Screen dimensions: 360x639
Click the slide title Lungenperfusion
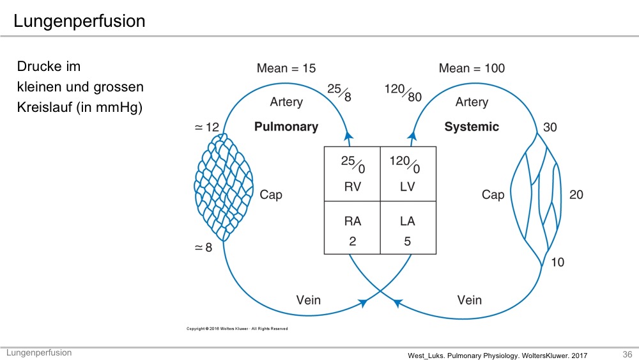pyautogui.click(x=79, y=22)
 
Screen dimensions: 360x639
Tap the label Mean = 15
pyautogui.click(x=286, y=68)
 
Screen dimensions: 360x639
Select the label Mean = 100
pyautogui.click(x=472, y=68)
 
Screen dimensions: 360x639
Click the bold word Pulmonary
pyautogui.click(x=286, y=127)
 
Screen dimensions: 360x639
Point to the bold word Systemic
pyautogui.click(x=472, y=127)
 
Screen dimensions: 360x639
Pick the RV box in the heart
pyautogui.click(x=352, y=174)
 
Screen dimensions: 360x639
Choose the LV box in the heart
pyautogui.click(x=408, y=174)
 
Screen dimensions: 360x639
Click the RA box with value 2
pyautogui.click(x=352, y=229)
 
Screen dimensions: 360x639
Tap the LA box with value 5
pyautogui.click(x=408, y=229)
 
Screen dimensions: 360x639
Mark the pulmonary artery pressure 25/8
pyautogui.click(x=339, y=93)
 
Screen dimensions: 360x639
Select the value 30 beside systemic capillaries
pyautogui.click(x=550, y=127)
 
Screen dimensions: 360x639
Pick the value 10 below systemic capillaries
pyautogui.click(x=557, y=262)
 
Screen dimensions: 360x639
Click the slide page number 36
pyautogui.click(x=627, y=354)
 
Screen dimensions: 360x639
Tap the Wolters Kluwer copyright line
pyautogui.click(x=236, y=329)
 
